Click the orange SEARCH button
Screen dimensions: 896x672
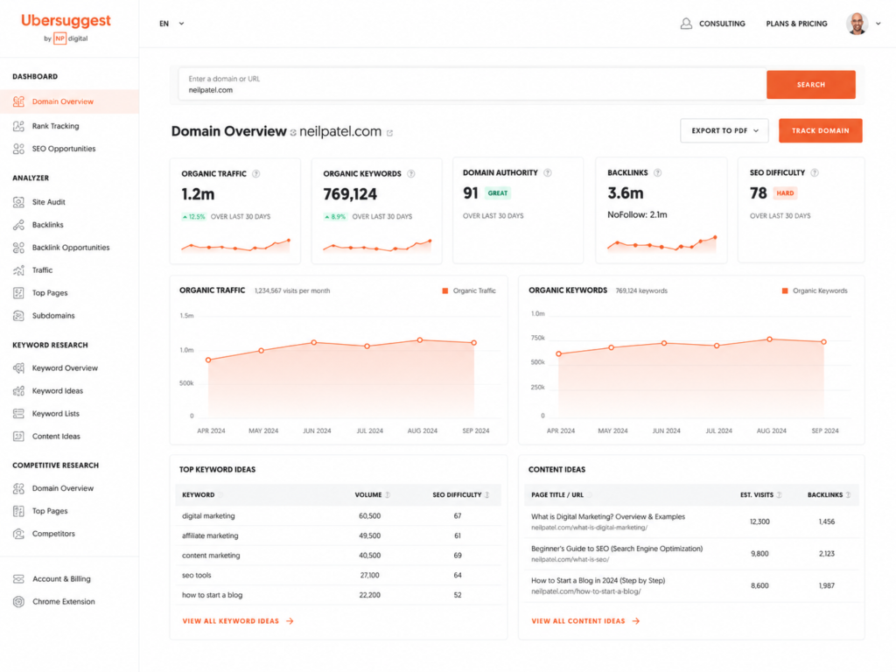coord(810,85)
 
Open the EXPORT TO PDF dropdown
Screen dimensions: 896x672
coord(724,131)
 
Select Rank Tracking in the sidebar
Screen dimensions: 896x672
coord(55,126)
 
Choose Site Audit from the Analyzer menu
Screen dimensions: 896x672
coord(49,202)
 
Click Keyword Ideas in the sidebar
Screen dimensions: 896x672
coord(57,391)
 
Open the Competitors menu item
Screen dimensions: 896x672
coord(53,534)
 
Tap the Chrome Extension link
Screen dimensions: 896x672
coord(63,602)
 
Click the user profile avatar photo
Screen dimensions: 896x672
coord(857,24)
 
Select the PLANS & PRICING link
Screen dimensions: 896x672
coord(796,24)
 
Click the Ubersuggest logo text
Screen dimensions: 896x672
coord(66,21)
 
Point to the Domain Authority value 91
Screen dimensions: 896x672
coord(470,193)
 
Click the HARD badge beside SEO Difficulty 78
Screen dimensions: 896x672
coord(785,193)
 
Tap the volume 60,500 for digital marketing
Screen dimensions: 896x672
coord(369,516)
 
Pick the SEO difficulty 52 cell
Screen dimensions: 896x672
coord(458,595)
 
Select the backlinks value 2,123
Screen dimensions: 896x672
coord(826,554)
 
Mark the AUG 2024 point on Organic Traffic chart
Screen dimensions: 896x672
coord(420,340)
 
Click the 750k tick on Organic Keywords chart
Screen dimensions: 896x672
coord(538,338)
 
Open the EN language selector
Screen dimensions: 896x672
coord(171,24)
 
